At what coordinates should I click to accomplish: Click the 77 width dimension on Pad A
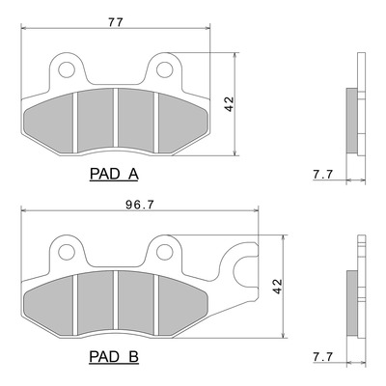point(116,22)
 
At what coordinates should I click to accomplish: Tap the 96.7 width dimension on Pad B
point(140,206)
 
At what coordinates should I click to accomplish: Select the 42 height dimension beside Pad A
point(230,104)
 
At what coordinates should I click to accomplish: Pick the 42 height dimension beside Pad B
point(277,286)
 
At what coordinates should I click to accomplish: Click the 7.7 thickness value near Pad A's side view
point(322,175)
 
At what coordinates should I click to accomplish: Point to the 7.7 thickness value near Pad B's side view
point(322,357)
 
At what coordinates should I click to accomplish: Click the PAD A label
point(114,175)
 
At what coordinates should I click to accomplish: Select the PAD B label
point(114,357)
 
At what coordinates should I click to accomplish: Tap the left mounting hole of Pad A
point(67,69)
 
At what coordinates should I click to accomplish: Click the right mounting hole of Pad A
point(165,69)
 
